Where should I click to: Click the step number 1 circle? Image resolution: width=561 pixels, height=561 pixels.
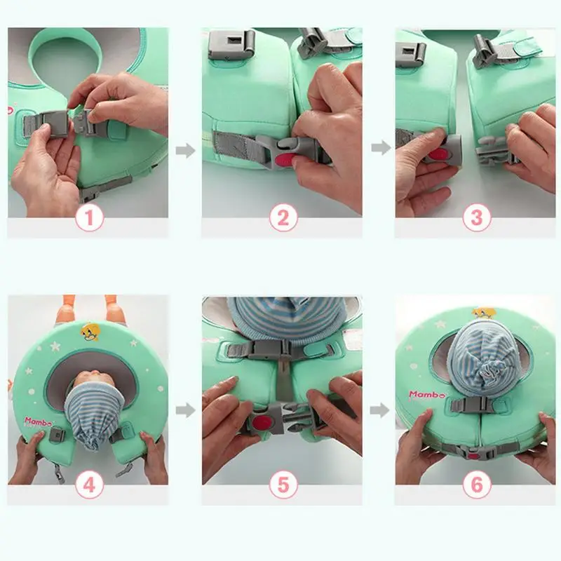[89, 217]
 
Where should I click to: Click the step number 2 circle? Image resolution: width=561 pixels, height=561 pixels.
[283, 217]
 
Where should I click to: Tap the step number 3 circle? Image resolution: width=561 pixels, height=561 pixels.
[477, 217]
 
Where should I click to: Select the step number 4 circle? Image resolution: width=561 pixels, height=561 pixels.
[89, 485]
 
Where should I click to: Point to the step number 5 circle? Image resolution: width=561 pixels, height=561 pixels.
[283, 485]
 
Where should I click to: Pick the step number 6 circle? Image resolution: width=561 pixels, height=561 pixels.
[477, 485]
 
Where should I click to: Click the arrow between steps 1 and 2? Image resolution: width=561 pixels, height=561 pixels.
[185, 150]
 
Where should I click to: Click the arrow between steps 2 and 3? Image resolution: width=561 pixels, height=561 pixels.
[379, 148]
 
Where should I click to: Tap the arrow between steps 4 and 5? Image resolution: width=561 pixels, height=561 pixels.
[185, 410]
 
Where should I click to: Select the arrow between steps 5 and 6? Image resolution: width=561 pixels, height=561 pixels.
[379, 410]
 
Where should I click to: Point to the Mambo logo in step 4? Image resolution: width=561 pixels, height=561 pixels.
[39, 422]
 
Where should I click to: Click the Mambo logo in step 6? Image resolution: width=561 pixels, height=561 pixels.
[427, 395]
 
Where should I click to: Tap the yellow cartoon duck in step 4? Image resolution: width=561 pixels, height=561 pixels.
[90, 331]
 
